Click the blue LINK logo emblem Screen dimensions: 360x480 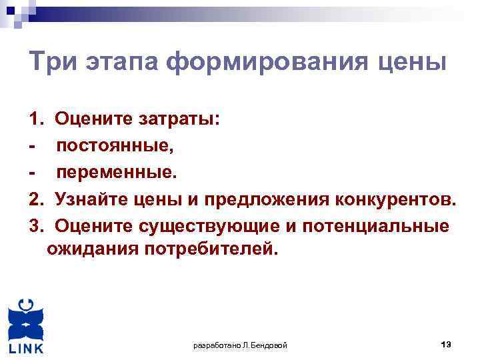click(x=26, y=320)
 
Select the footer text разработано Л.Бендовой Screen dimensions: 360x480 click(x=240, y=345)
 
